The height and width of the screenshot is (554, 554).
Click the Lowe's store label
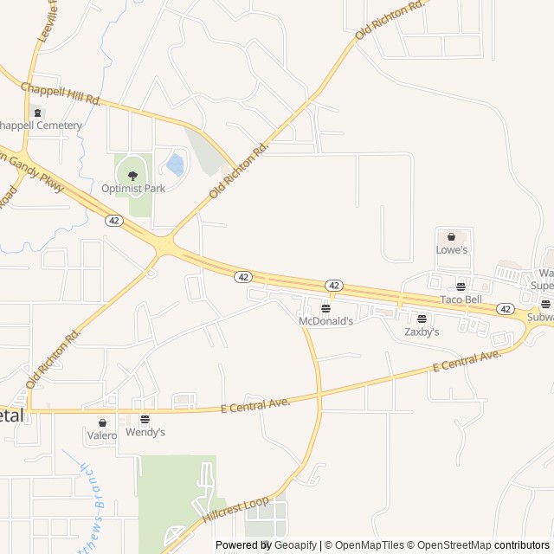click(452, 250)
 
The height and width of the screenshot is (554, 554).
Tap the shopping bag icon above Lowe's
click(451, 236)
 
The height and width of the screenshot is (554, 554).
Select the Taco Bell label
click(461, 300)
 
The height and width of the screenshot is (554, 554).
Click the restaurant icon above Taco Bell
click(461, 287)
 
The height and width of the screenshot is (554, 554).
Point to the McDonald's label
click(325, 321)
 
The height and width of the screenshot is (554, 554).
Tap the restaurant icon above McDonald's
click(325, 308)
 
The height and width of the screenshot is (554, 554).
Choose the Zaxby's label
click(422, 332)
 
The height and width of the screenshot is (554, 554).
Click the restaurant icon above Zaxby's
click(422, 319)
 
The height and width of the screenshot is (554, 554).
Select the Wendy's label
click(145, 432)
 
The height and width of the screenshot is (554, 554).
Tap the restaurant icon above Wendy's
click(145, 419)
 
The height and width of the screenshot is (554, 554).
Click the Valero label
click(101, 436)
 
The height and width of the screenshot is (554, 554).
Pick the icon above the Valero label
click(102, 423)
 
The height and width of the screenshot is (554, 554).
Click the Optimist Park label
click(132, 188)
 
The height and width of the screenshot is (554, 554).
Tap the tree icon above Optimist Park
click(132, 175)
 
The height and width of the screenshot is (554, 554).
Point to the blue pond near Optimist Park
click(176, 164)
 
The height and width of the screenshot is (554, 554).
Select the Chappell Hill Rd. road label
click(61, 93)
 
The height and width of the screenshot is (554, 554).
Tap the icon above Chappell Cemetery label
click(36, 113)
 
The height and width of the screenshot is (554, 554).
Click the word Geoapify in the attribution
click(295, 545)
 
